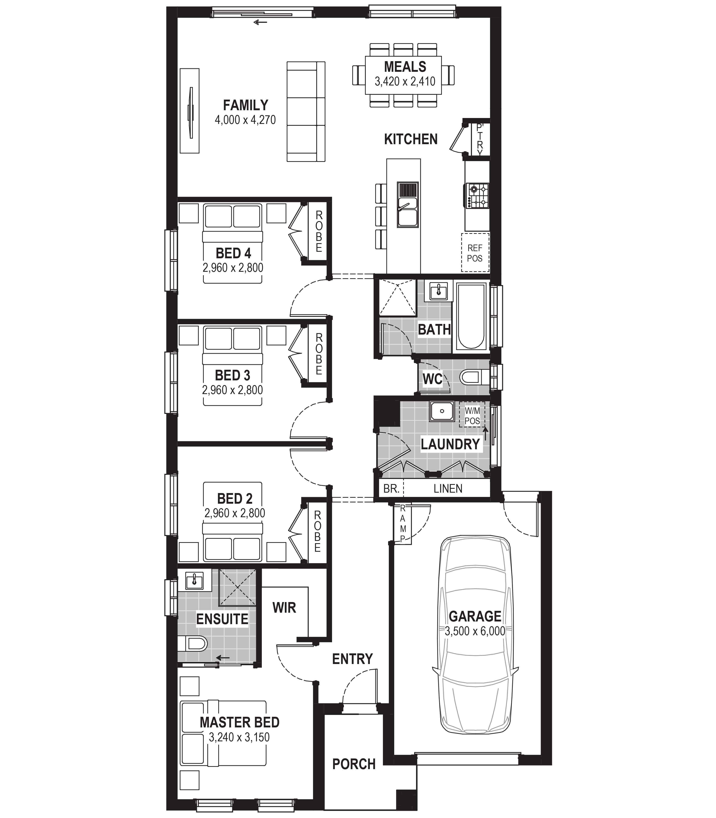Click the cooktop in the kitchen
478,195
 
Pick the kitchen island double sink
408,204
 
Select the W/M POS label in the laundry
472,415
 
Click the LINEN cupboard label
448,489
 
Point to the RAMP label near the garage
403,524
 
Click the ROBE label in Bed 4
319,232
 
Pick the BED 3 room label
233,375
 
